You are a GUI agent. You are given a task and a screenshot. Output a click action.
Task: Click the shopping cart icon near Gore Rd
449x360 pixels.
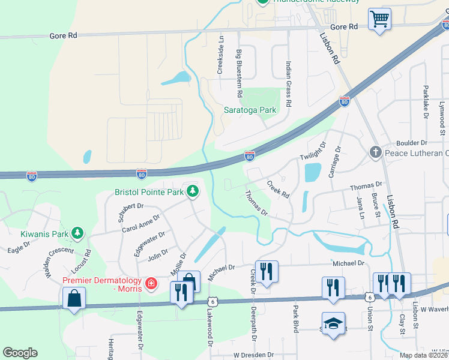point(379,19)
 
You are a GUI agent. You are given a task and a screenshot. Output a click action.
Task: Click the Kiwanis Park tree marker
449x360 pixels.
point(77,232)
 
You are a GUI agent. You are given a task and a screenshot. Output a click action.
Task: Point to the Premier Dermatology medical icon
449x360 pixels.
point(151,282)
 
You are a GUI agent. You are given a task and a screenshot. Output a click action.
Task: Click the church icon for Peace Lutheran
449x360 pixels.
point(376,152)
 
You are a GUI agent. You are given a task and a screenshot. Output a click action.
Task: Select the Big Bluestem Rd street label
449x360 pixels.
point(239,74)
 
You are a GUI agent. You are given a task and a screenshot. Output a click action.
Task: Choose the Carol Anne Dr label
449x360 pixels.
point(141,223)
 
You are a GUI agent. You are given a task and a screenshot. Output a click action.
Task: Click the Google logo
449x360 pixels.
point(20,353)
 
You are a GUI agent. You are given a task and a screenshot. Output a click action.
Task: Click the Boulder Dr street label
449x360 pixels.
point(411,143)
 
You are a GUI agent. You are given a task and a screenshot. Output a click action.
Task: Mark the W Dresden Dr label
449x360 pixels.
point(253,355)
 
